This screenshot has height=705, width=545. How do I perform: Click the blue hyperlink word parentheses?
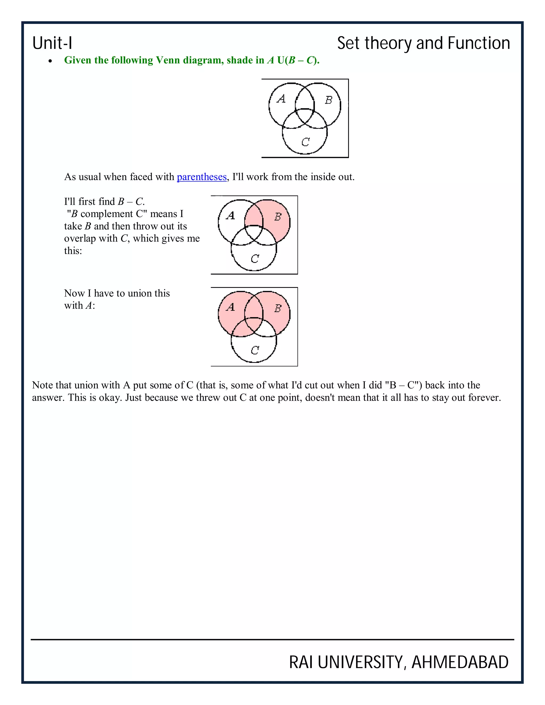click(201, 177)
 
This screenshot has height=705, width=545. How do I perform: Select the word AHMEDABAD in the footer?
click(460, 662)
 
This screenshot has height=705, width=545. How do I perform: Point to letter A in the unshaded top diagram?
click(281, 98)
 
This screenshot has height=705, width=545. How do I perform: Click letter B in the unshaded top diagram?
click(328, 100)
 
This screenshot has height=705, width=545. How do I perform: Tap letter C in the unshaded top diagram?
click(305, 142)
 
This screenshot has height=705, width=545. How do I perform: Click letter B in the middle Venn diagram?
click(278, 217)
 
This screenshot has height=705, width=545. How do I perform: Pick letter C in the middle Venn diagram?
click(255, 258)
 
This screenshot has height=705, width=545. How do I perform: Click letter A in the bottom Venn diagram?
click(230, 307)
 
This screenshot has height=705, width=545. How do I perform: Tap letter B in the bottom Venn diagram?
click(278, 308)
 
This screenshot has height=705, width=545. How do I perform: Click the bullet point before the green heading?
click(50, 61)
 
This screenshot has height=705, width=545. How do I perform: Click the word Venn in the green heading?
click(168, 60)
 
